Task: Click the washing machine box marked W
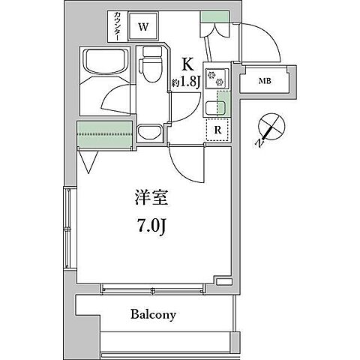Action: coord(145,28)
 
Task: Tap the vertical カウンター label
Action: coord(119,27)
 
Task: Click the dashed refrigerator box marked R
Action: coord(217,129)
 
